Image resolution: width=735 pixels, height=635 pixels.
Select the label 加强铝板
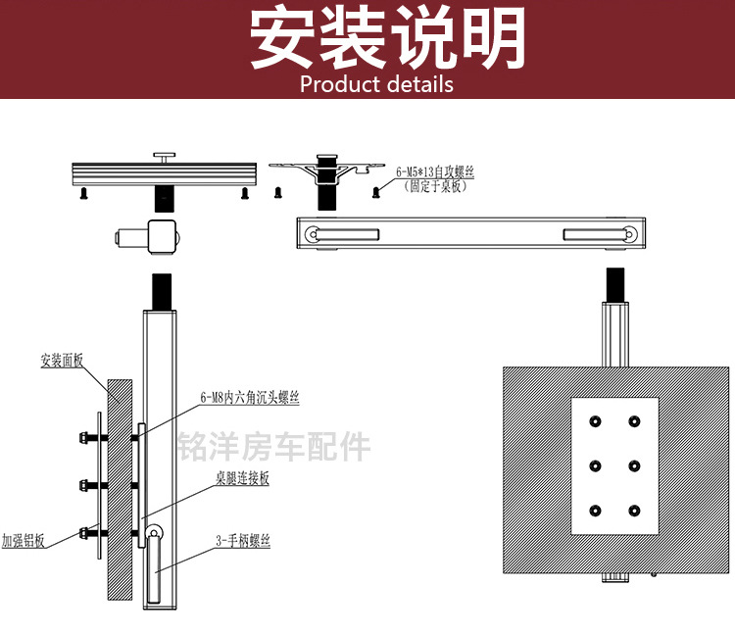24,540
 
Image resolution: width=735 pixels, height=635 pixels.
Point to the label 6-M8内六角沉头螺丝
250,399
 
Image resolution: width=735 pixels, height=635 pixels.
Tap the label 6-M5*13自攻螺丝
435,172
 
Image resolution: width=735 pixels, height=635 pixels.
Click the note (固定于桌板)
435,186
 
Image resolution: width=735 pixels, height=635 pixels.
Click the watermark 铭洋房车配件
274,447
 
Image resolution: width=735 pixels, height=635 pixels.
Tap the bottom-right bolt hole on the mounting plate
635,511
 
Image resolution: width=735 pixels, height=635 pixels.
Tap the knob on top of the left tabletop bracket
164,154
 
